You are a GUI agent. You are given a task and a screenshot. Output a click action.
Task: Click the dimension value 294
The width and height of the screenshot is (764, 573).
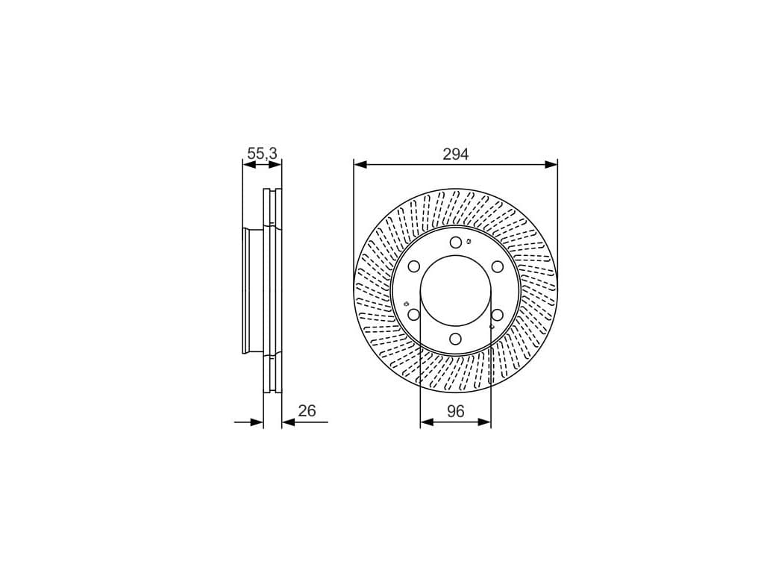[x=456, y=154]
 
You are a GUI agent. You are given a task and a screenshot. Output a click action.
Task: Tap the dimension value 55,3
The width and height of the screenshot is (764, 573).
[x=262, y=154]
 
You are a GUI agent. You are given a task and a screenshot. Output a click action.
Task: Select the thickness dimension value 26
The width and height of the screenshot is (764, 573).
[x=307, y=411]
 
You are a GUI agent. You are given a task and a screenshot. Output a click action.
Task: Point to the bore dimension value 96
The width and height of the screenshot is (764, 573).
[x=456, y=411]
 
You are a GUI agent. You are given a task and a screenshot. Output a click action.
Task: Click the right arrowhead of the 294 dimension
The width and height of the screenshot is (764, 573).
[x=551, y=165]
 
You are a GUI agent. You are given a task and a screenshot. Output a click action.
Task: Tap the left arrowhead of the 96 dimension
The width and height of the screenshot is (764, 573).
[x=426, y=422]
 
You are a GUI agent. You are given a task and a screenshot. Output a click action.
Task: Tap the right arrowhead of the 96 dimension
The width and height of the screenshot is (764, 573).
[x=485, y=422]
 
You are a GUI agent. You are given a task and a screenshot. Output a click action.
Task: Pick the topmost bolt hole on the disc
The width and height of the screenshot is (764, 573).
[x=456, y=242]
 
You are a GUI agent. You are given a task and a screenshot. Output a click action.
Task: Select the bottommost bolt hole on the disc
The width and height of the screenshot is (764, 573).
[x=456, y=339]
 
